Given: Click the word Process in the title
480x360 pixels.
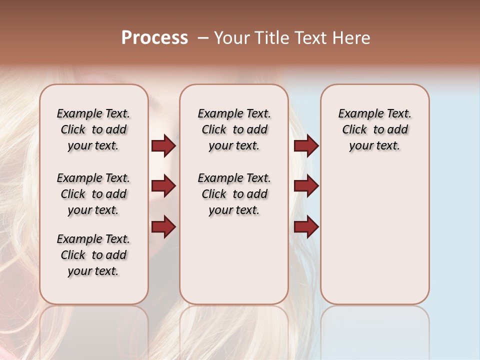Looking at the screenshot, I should [154, 38].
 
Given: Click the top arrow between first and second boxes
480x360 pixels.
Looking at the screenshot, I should [163, 146].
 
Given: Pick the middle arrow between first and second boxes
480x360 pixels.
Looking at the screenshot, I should [163, 186].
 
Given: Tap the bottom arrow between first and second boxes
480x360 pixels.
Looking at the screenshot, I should [163, 226].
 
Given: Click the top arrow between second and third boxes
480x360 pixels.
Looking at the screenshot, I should [306, 146].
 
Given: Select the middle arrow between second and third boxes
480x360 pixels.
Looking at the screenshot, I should [306, 186].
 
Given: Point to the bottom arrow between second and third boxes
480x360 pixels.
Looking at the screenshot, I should [306, 226].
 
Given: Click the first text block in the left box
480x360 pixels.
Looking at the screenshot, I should [93, 129].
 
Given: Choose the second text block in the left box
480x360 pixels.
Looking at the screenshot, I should [93, 194].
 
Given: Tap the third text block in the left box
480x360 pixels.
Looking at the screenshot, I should [93, 255].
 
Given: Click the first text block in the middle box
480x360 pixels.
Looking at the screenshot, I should [234, 129].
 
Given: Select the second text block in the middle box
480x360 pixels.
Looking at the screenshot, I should [234, 194].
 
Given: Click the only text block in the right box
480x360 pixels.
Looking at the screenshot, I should [374, 129].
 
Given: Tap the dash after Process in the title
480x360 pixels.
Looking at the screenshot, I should [202, 38].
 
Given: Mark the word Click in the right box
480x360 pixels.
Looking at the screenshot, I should [354, 130].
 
